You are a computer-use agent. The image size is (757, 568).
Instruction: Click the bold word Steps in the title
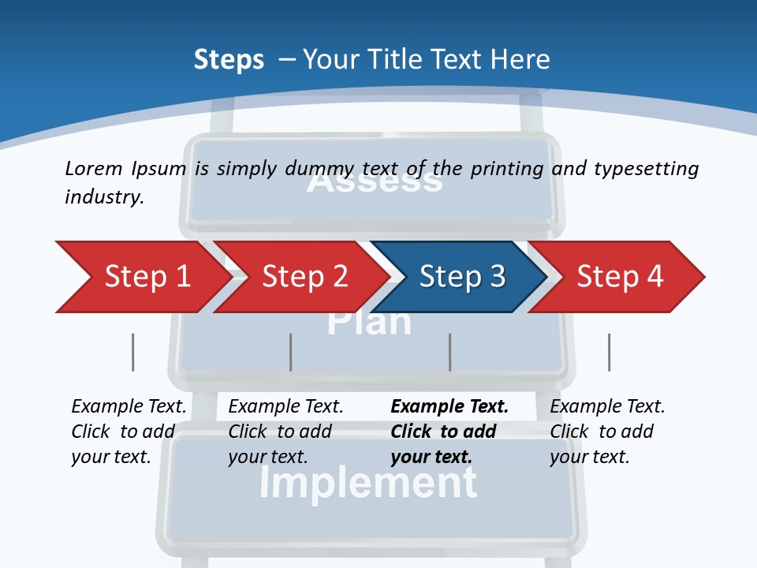(229, 60)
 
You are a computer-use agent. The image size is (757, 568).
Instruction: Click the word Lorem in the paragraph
(94, 168)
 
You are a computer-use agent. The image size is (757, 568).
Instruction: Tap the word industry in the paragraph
(103, 197)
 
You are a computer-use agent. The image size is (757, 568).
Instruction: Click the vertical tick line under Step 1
(132, 352)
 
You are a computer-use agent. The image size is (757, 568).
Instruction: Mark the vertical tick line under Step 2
(291, 352)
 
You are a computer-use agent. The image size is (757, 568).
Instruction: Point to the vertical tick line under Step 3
(450, 352)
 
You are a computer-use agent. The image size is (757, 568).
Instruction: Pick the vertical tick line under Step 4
(609, 352)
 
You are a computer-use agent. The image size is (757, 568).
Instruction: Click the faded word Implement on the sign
(367, 483)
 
